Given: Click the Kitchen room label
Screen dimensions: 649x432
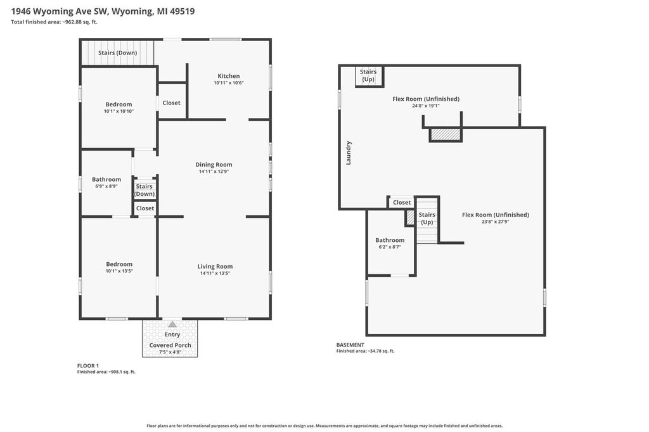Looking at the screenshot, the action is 228,76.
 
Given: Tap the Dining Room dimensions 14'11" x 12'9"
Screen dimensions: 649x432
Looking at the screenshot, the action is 214,171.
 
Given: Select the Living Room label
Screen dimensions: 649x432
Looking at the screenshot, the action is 215,267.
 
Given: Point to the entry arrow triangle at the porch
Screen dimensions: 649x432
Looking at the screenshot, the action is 172,324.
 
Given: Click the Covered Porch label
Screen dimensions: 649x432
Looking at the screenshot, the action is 170,345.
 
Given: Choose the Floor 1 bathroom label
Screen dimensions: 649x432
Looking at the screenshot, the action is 106,179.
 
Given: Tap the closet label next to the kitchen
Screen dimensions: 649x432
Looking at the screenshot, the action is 171,103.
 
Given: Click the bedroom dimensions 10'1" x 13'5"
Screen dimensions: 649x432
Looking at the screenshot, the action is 119,271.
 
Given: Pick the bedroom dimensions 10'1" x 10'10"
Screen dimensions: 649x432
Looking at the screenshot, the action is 119,111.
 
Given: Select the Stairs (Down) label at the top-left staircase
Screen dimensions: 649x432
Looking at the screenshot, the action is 117,53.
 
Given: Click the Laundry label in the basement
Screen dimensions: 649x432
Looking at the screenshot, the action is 349,153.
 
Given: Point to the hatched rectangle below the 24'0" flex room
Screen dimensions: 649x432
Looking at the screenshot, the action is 446,134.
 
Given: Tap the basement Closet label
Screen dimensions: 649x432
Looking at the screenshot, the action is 402,202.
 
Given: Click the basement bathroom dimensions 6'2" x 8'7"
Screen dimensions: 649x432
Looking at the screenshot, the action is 390,247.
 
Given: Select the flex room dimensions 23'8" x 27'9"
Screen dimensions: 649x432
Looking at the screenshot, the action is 495,222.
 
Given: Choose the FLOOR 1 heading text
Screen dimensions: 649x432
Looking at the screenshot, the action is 88,365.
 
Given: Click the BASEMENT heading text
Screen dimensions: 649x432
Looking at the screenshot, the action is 350,345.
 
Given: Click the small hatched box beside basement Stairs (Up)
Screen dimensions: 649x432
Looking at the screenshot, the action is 410,218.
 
